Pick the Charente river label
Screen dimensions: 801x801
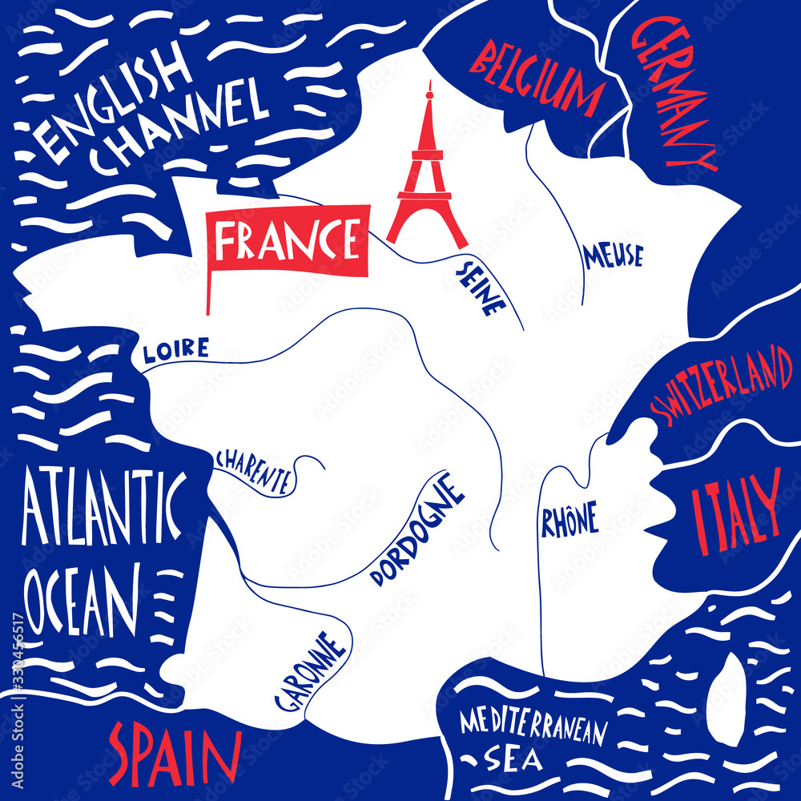253,471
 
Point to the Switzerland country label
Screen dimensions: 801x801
721,384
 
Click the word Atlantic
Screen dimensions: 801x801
103,509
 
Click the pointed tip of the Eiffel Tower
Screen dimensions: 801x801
429,83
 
